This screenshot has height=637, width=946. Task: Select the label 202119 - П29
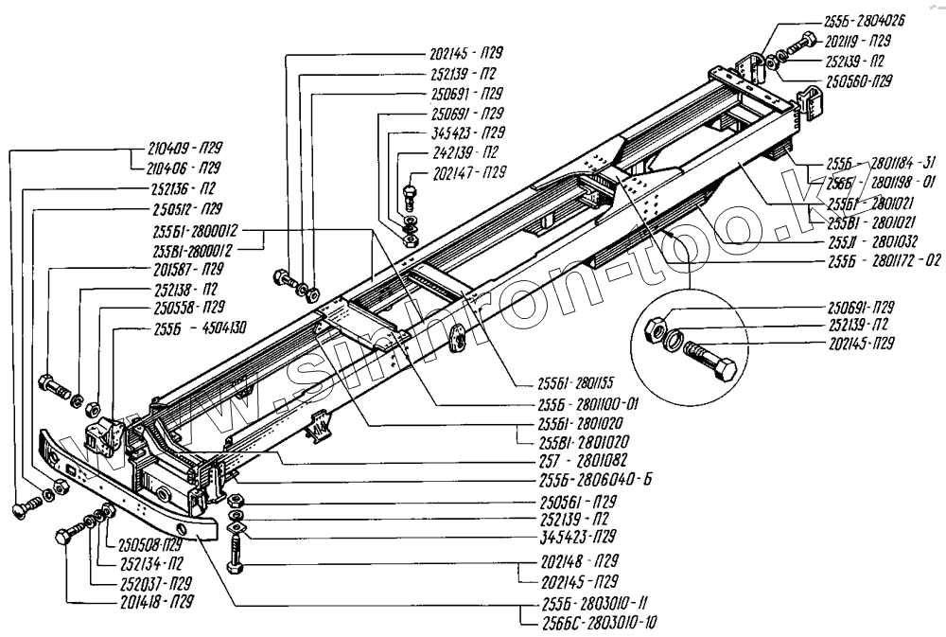pos(857,42)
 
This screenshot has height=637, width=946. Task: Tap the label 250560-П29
pos(856,81)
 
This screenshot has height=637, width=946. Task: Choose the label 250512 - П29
pos(185,208)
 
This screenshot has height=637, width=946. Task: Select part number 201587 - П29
pos(186,269)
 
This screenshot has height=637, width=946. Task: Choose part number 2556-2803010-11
pos(589,603)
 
